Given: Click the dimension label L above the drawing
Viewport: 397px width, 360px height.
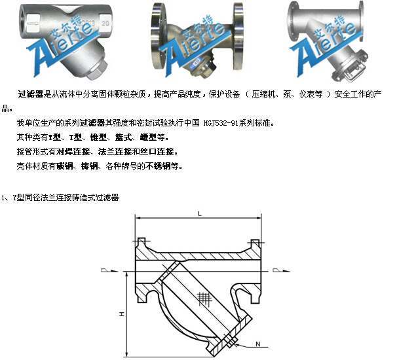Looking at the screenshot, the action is pyautogui.click(x=200, y=214).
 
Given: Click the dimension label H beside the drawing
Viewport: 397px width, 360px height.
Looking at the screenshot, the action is pyautogui.click(x=122, y=314).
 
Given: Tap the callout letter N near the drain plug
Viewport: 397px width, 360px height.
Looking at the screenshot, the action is pyautogui.click(x=257, y=344).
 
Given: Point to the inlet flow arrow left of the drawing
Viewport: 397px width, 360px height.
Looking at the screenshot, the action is pyautogui.click(x=109, y=270).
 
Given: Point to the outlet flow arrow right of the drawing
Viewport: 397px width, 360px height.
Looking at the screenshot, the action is pyautogui.click(x=281, y=270).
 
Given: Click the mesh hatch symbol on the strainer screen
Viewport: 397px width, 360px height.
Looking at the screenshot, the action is pyautogui.click(x=204, y=298).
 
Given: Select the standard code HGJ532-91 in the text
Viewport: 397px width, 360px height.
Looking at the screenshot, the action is pyautogui.click(x=221, y=123).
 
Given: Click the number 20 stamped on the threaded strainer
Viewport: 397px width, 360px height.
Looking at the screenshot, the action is pyautogui.click(x=105, y=24).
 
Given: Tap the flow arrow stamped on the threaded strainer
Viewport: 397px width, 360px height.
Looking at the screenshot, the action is pyautogui.click(x=33, y=24).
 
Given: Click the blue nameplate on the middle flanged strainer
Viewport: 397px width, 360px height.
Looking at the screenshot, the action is pyautogui.click(x=196, y=62).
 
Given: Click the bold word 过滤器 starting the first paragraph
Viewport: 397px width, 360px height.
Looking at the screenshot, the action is pyautogui.click(x=31, y=94).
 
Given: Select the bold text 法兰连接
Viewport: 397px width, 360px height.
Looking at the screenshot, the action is pyautogui.click(x=115, y=152).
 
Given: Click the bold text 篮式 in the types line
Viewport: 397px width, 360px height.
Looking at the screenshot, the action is pyautogui.click(x=123, y=137).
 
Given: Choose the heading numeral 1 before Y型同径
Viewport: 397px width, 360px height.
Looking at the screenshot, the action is pyautogui.click(x=3, y=198).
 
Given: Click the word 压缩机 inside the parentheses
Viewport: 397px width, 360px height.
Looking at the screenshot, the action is pyautogui.click(x=263, y=94).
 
